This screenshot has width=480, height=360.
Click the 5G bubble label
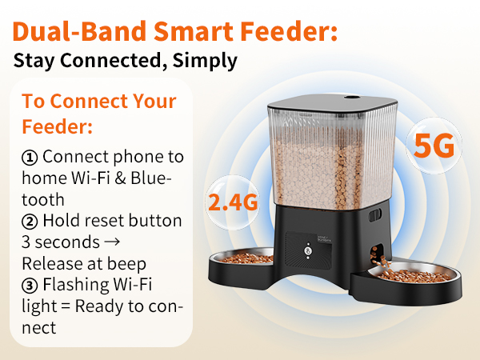[x=434, y=146]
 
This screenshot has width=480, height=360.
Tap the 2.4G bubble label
[x=233, y=202]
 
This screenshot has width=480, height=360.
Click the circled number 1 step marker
[x=30, y=156]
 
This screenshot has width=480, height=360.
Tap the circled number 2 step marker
[x=30, y=220]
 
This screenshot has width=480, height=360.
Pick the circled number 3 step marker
[x=30, y=285]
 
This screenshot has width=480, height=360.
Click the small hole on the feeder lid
[x=350, y=98]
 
